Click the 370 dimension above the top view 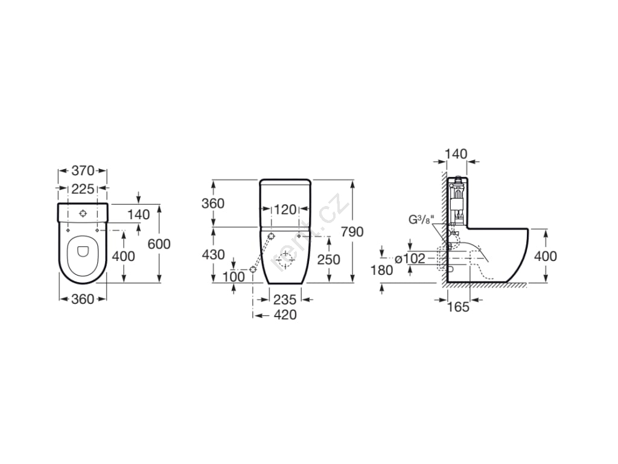(83, 170)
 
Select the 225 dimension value (83, 189)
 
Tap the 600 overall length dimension (159, 244)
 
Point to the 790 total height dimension (352, 231)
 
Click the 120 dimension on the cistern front (285, 210)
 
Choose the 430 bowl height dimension (213, 254)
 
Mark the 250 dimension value (329, 259)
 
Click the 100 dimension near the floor (234, 277)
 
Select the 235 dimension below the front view (285, 300)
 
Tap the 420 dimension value (285, 315)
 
